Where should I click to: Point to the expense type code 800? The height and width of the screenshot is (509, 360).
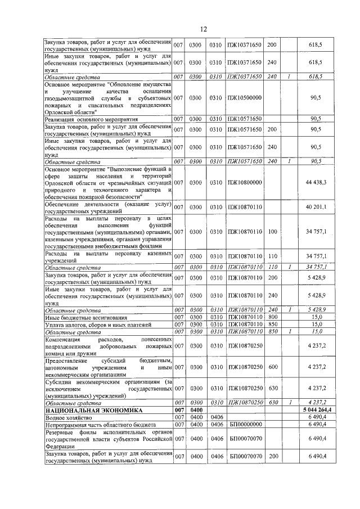272,317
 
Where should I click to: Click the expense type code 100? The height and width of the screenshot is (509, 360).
272,231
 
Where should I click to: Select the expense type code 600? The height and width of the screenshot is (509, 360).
272,367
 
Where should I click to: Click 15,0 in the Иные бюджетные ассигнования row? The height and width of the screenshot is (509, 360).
317,317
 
